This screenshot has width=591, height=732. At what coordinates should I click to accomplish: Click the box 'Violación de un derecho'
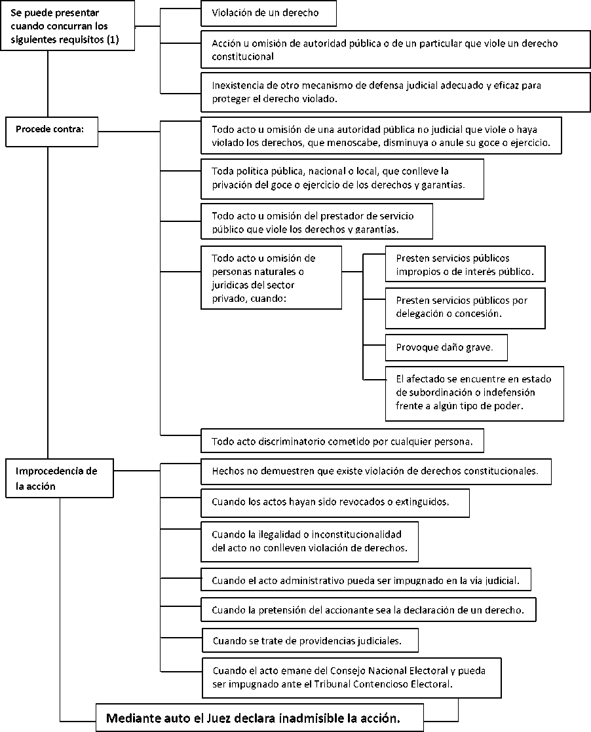[x=269, y=13]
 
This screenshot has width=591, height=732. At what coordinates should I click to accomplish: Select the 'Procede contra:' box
[x=52, y=132]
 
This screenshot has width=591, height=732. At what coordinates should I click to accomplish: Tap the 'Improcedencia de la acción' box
[x=60, y=478]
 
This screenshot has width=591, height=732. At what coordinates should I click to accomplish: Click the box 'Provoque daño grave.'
[x=446, y=347]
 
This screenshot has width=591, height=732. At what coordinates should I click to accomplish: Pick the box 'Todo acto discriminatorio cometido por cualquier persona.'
[x=342, y=441]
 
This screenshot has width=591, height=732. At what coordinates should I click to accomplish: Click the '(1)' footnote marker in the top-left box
[x=113, y=40]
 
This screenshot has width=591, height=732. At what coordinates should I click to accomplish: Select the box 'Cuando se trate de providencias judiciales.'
[x=310, y=640]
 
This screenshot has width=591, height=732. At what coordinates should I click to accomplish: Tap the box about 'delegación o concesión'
[x=465, y=308]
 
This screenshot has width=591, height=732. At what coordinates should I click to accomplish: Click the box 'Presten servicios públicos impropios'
[x=465, y=264]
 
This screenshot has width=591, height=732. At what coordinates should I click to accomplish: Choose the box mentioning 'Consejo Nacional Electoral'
[x=352, y=678]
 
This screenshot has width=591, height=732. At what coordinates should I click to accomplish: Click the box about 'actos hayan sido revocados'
[x=335, y=503]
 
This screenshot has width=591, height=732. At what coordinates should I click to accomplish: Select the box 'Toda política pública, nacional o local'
[x=342, y=179]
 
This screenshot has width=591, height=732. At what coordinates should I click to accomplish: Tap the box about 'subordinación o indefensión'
[x=474, y=393]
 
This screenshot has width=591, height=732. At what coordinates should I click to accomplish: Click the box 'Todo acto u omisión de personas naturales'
[x=271, y=278]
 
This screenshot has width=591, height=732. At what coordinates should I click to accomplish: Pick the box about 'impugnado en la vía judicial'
[x=366, y=580]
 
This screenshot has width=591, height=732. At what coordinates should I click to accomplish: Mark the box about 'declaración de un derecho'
[x=368, y=610]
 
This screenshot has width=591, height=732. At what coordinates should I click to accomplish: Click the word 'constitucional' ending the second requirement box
[x=242, y=56]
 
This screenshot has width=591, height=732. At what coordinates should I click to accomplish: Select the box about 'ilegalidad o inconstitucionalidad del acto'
[x=309, y=541]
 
